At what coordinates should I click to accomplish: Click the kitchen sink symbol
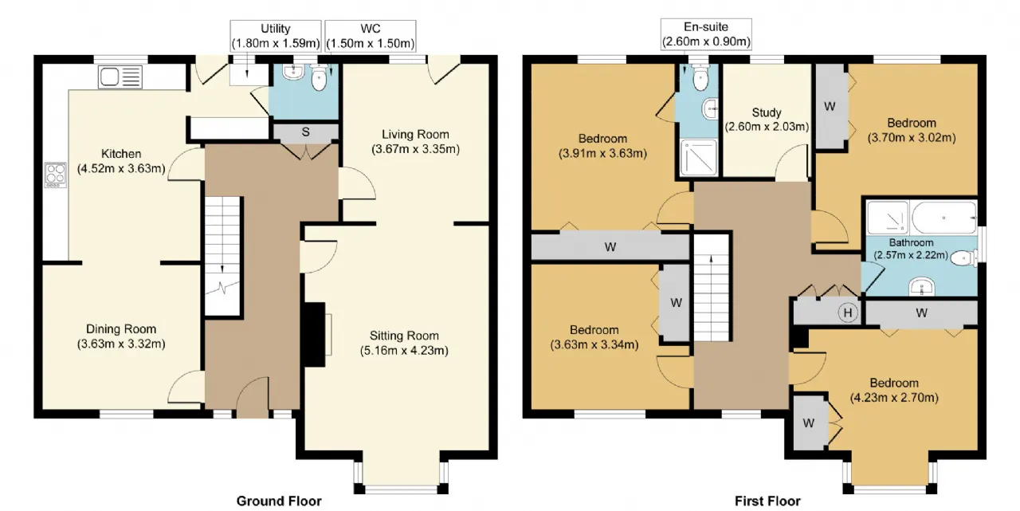[x=120, y=77]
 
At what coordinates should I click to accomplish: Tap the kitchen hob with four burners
[x=55, y=175]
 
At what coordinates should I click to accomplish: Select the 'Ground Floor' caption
[x=279, y=501]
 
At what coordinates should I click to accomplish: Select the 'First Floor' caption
[x=767, y=501]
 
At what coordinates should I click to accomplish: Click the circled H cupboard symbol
[x=847, y=312]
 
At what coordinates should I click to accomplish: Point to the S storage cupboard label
[x=305, y=132]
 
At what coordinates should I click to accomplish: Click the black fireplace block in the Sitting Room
[x=314, y=334]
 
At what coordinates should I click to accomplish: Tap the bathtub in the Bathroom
[x=943, y=218]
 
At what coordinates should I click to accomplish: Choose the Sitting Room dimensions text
[x=404, y=350]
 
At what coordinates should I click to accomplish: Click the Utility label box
[x=276, y=36]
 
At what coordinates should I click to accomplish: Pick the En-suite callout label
[x=706, y=34]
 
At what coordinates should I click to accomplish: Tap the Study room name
[x=767, y=112]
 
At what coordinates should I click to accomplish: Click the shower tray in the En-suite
[x=699, y=157]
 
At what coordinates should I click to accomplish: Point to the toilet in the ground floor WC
[x=320, y=77]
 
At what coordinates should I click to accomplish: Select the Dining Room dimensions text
[x=121, y=344]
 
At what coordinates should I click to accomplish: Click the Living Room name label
[x=415, y=134]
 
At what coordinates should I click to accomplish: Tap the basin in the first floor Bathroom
[x=922, y=287]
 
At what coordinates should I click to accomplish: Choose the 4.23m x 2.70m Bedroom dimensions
[x=894, y=398]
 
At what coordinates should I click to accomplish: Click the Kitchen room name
[x=121, y=154]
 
